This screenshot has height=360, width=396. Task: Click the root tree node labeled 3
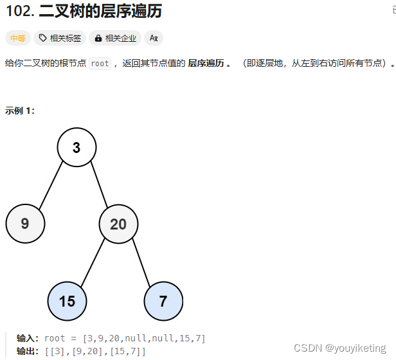[x=76, y=148]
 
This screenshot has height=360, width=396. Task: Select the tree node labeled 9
[x=25, y=224]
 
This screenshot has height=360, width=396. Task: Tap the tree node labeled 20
[x=118, y=224]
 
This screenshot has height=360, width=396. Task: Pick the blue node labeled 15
[x=67, y=300]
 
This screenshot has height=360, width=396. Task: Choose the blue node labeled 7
[x=163, y=300]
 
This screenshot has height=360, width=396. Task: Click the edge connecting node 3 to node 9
[x=51, y=185]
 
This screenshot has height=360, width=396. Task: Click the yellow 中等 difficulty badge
[x=18, y=39]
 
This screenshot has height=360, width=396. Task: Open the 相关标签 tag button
[x=60, y=39]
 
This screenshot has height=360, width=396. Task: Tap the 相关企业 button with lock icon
[x=115, y=39]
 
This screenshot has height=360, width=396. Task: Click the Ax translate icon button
[x=154, y=39]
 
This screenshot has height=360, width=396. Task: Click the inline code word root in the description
[x=100, y=64]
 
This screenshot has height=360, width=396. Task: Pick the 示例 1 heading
[x=20, y=111]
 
